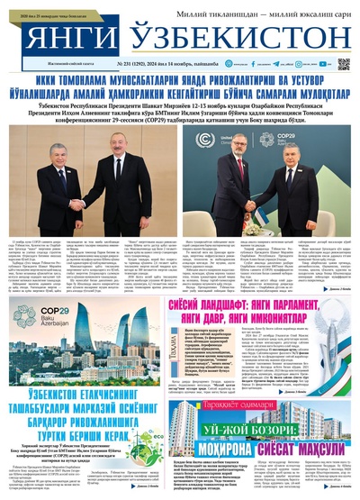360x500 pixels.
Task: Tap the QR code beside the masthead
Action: (x=343, y=65)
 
